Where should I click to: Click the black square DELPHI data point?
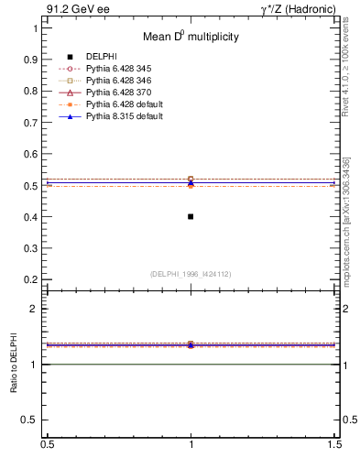pyautogui.click(x=191, y=216)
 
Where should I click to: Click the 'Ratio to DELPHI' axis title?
pyautogui.click(x=14, y=364)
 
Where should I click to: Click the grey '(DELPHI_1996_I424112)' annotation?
pyautogui.click(x=191, y=273)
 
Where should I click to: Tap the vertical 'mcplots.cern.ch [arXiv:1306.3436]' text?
pyautogui.click(x=346, y=220)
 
